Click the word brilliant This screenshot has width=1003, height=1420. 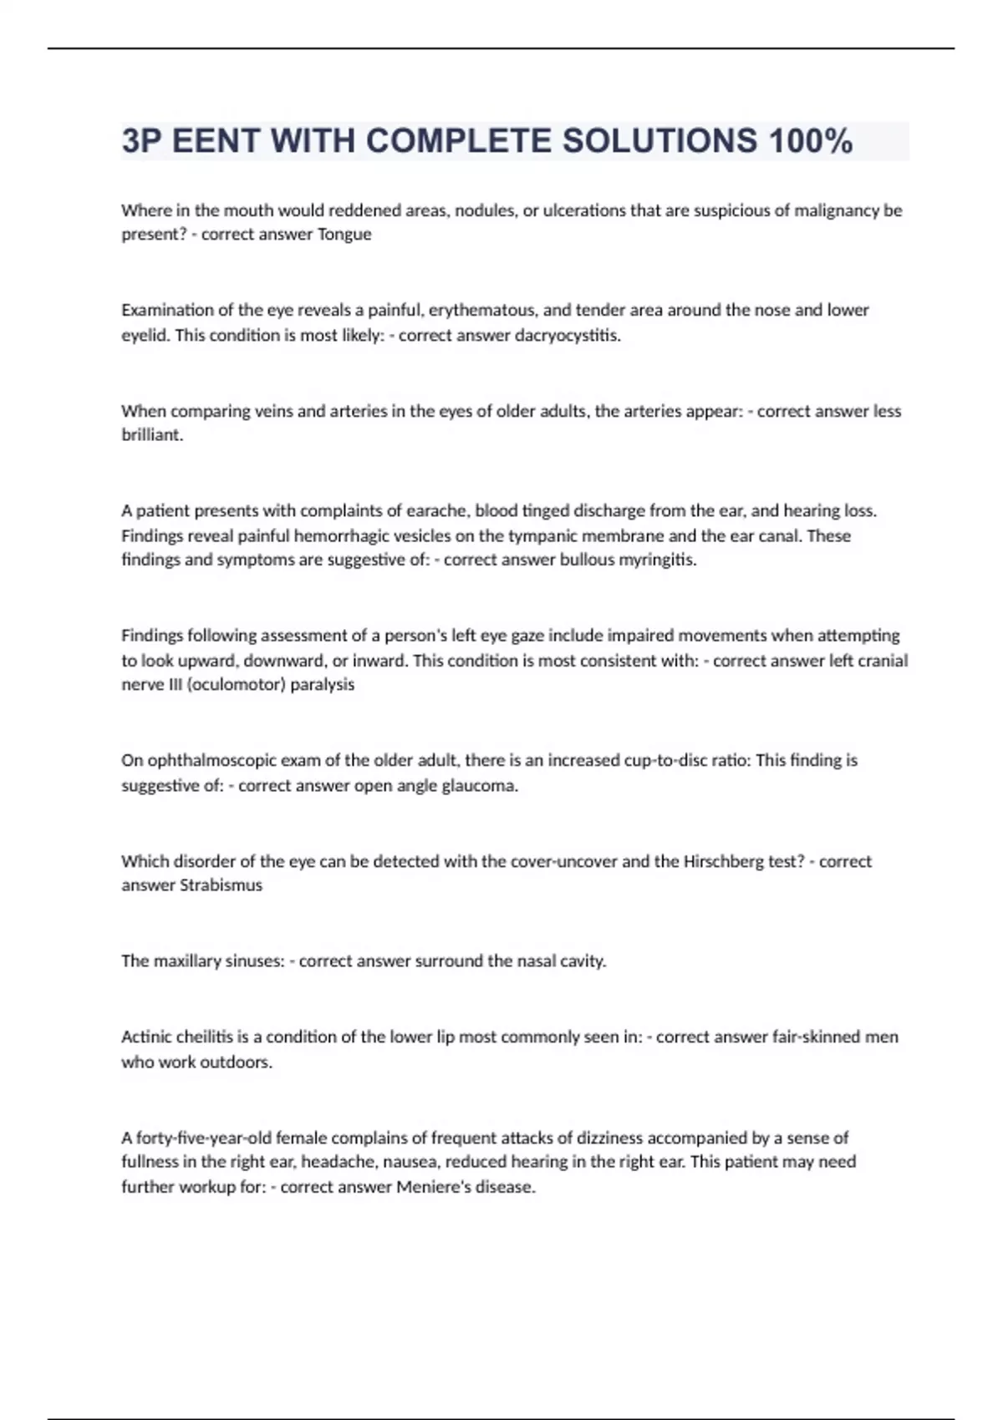151,435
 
